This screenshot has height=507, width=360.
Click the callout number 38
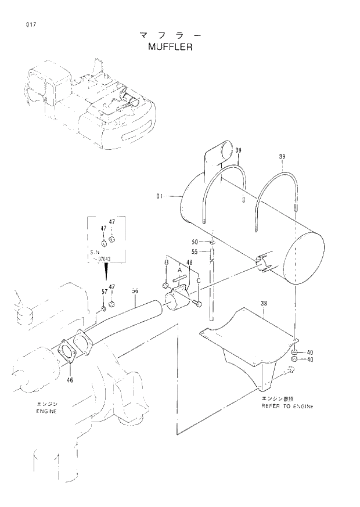(x=264, y=303)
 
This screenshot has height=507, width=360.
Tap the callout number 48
(x=189, y=263)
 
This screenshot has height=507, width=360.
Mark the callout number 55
(x=195, y=251)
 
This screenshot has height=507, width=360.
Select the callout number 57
(x=105, y=291)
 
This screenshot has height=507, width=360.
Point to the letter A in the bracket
(x=180, y=270)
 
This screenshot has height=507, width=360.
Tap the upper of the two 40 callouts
(x=310, y=352)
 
